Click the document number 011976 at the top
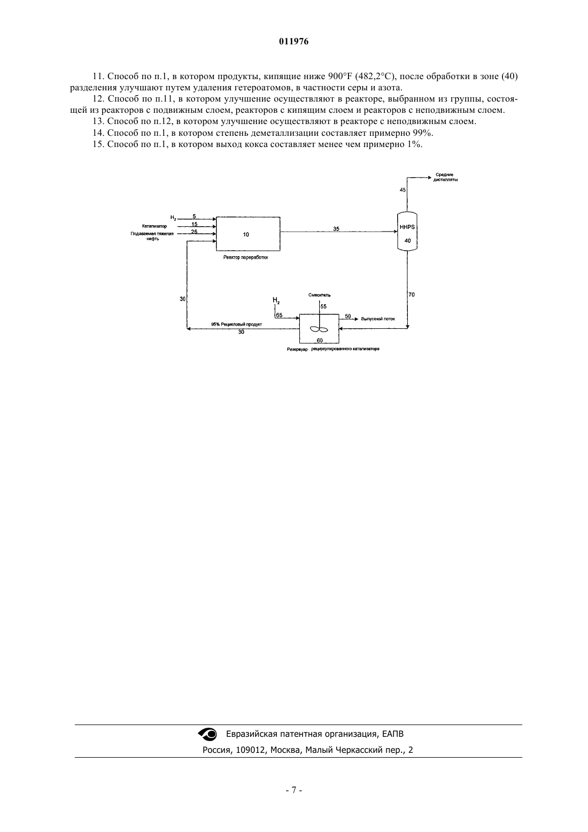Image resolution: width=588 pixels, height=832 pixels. pos(293,42)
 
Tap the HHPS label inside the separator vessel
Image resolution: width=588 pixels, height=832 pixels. pos(407,227)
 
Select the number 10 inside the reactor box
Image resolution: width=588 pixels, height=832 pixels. pos(246,234)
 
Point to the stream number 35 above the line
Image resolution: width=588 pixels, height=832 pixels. pos(336,229)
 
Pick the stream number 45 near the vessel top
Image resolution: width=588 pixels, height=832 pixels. pos(403,190)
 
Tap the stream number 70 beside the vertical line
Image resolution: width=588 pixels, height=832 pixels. pos(412,295)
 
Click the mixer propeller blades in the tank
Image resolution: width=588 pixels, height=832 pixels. pos(319,329)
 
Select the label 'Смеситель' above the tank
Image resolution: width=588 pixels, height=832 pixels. pos(319,295)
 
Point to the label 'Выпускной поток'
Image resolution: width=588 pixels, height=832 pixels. pos(378,319)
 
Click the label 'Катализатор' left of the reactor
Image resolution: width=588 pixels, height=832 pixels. pos(154,226)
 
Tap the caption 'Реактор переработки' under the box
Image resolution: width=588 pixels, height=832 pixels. pos(245,257)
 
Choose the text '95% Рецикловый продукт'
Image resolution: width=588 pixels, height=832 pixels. pos(236,324)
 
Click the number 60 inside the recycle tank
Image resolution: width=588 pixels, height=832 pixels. pos(320,340)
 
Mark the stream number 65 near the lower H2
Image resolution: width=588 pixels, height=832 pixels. pos(279,315)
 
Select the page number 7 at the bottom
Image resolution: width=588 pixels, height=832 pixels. pos(294,790)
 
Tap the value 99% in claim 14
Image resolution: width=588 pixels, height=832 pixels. pos(423,133)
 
